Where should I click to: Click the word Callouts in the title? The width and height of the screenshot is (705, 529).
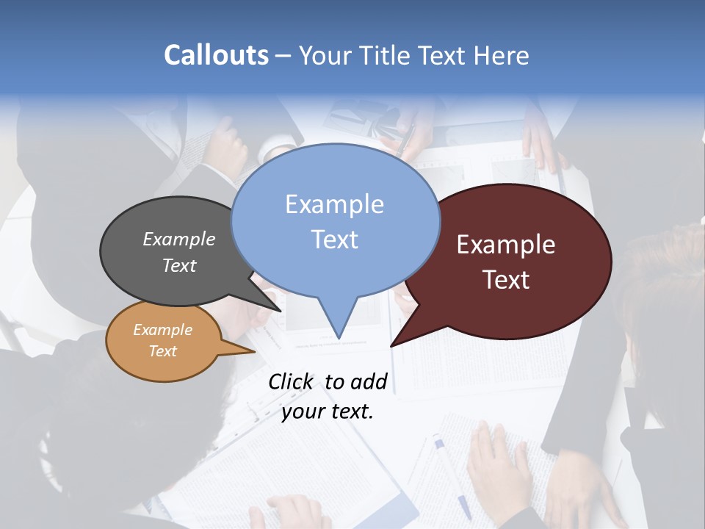(x=216, y=55)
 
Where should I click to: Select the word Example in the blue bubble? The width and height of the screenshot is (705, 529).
(x=334, y=204)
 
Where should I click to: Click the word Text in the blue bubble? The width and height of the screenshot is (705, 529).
(x=334, y=240)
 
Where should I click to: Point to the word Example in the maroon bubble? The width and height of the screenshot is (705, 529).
(x=506, y=245)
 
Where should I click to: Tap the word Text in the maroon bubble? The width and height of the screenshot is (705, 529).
(x=506, y=280)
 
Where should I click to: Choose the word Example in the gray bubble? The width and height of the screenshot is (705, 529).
(x=178, y=239)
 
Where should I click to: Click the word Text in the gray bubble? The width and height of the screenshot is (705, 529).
(x=178, y=265)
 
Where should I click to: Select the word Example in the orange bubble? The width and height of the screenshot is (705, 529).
(x=162, y=330)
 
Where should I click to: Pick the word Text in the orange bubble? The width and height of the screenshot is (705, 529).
(x=162, y=351)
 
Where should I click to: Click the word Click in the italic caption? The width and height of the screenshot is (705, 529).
(x=292, y=381)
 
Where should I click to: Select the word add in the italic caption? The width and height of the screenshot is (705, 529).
(x=369, y=381)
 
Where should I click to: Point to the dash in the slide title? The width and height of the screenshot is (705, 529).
(x=283, y=56)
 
